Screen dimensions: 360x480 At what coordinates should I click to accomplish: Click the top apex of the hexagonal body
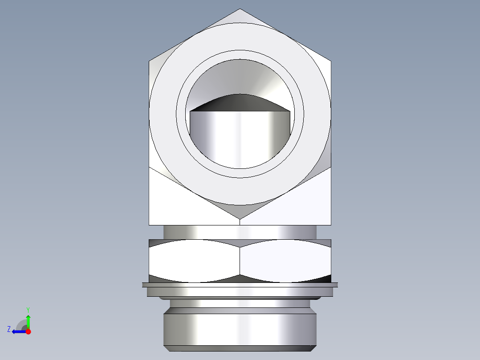[240, 10]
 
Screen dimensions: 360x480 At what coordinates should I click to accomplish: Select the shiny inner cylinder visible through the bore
[240, 138]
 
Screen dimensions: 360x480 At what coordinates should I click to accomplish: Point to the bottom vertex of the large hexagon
[240, 218]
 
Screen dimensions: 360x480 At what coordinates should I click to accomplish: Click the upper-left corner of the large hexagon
[150, 61]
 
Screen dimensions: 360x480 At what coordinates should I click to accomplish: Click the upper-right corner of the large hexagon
[330, 61]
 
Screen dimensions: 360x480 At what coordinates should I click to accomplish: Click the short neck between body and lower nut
[240, 232]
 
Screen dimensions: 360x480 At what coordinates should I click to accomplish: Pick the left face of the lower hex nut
[194, 261]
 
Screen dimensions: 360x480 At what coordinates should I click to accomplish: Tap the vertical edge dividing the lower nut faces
[240, 261]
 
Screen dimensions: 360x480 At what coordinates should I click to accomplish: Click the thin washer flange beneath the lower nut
[240, 284]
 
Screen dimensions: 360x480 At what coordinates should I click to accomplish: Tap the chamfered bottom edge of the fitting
[240, 348]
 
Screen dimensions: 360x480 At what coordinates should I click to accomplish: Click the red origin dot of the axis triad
[28, 331]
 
